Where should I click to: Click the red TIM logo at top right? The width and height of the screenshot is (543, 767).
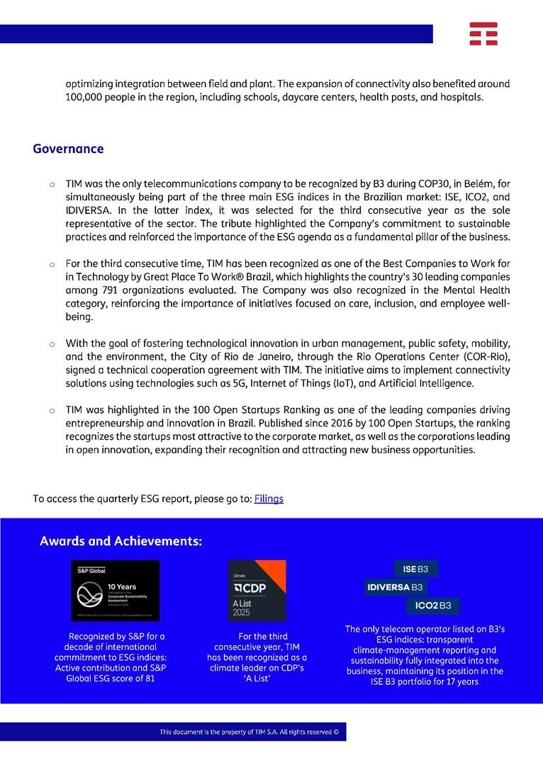(483, 33)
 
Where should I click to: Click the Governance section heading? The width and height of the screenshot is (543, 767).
(68, 149)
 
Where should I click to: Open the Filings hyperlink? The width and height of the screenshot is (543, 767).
(269, 499)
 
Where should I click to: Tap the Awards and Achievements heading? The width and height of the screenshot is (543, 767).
(121, 541)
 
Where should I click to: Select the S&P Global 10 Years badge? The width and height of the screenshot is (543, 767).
(115, 591)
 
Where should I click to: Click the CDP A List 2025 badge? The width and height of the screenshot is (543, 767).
(257, 591)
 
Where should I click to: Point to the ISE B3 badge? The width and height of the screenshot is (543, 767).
(416, 569)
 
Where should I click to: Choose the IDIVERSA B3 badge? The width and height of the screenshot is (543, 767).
(395, 587)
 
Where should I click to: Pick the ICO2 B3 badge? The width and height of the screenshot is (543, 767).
(433, 606)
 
